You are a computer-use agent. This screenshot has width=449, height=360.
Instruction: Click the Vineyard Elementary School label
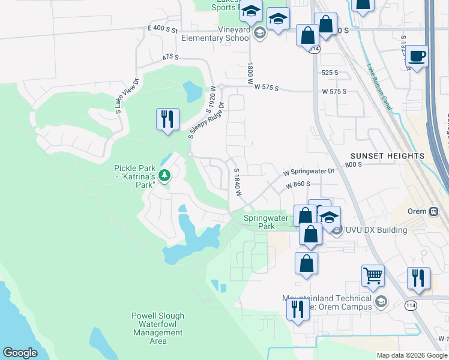[216, 34]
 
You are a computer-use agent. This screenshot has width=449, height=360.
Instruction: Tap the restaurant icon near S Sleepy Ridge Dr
[167, 118]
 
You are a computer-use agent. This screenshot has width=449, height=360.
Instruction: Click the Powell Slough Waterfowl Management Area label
[158, 328]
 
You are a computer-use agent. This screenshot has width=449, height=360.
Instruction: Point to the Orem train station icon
[435, 211]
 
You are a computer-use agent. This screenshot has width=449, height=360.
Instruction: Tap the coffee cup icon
[417, 56]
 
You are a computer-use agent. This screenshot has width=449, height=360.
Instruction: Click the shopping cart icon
[373, 276]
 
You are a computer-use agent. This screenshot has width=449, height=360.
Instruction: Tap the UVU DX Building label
[376, 230]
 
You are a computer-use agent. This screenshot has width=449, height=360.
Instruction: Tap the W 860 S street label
[298, 185]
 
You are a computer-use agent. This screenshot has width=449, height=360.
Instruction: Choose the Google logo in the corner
[20, 353]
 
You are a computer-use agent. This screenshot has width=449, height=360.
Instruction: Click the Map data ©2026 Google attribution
[412, 355]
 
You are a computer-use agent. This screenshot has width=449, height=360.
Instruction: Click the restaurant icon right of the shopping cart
[418, 278]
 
